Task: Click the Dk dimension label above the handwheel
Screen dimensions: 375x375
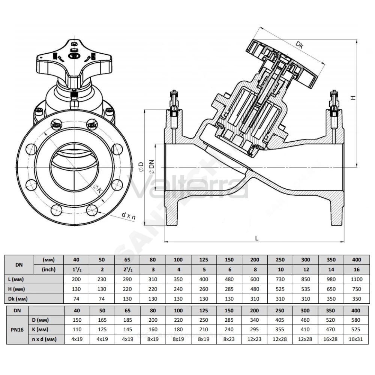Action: pos(299,45)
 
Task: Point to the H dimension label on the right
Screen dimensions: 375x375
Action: pos(353,97)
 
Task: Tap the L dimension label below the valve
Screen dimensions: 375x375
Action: pos(257,238)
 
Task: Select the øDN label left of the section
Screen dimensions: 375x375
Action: pos(151,167)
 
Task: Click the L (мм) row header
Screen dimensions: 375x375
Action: pos(16,279)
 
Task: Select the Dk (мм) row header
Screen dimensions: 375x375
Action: pos(18,299)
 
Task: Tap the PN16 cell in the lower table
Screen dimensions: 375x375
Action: pos(17,330)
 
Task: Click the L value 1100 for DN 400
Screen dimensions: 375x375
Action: pos(357,279)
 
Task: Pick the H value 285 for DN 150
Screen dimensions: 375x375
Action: pos(229,289)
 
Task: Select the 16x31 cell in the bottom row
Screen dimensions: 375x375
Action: pos(356,339)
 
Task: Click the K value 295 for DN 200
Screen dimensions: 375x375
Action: pos(254,330)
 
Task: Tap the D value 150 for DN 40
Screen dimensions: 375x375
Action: pos(77,320)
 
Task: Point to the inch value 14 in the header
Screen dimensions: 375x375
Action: pos(331,270)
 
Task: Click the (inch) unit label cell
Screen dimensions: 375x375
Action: pos(49,270)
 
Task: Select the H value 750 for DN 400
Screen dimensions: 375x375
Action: pos(357,289)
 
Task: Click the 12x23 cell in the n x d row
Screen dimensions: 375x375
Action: pos(254,339)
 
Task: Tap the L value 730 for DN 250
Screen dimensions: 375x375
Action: pos(280,279)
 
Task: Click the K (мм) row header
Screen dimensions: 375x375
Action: pos(40,330)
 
